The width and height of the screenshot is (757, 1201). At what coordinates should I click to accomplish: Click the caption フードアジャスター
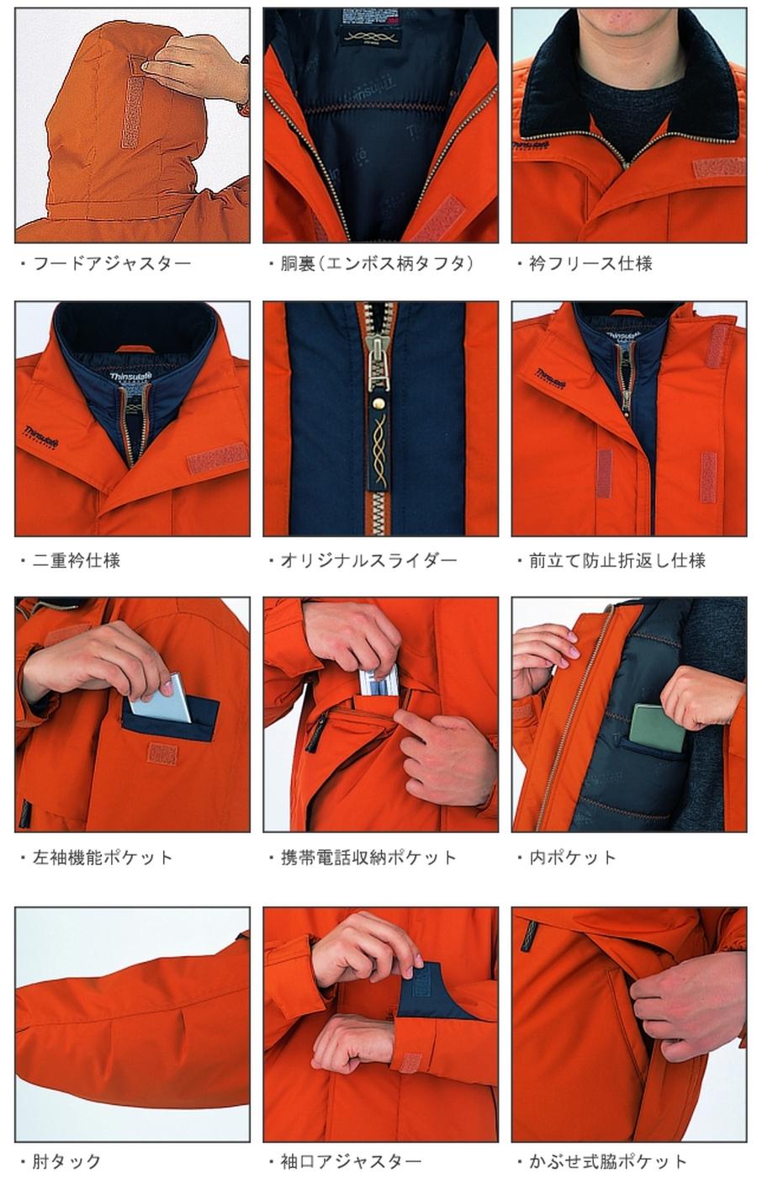pos(111,263)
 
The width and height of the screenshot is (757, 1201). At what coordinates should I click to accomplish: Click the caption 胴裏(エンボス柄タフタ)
pos(376,263)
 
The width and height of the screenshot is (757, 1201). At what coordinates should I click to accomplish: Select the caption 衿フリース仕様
pos(590,263)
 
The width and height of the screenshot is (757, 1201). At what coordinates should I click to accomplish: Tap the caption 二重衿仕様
pos(76,561)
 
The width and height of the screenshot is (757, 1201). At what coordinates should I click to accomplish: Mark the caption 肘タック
pos(66,1162)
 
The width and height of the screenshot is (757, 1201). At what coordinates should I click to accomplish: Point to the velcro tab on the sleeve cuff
pos(410,1061)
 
